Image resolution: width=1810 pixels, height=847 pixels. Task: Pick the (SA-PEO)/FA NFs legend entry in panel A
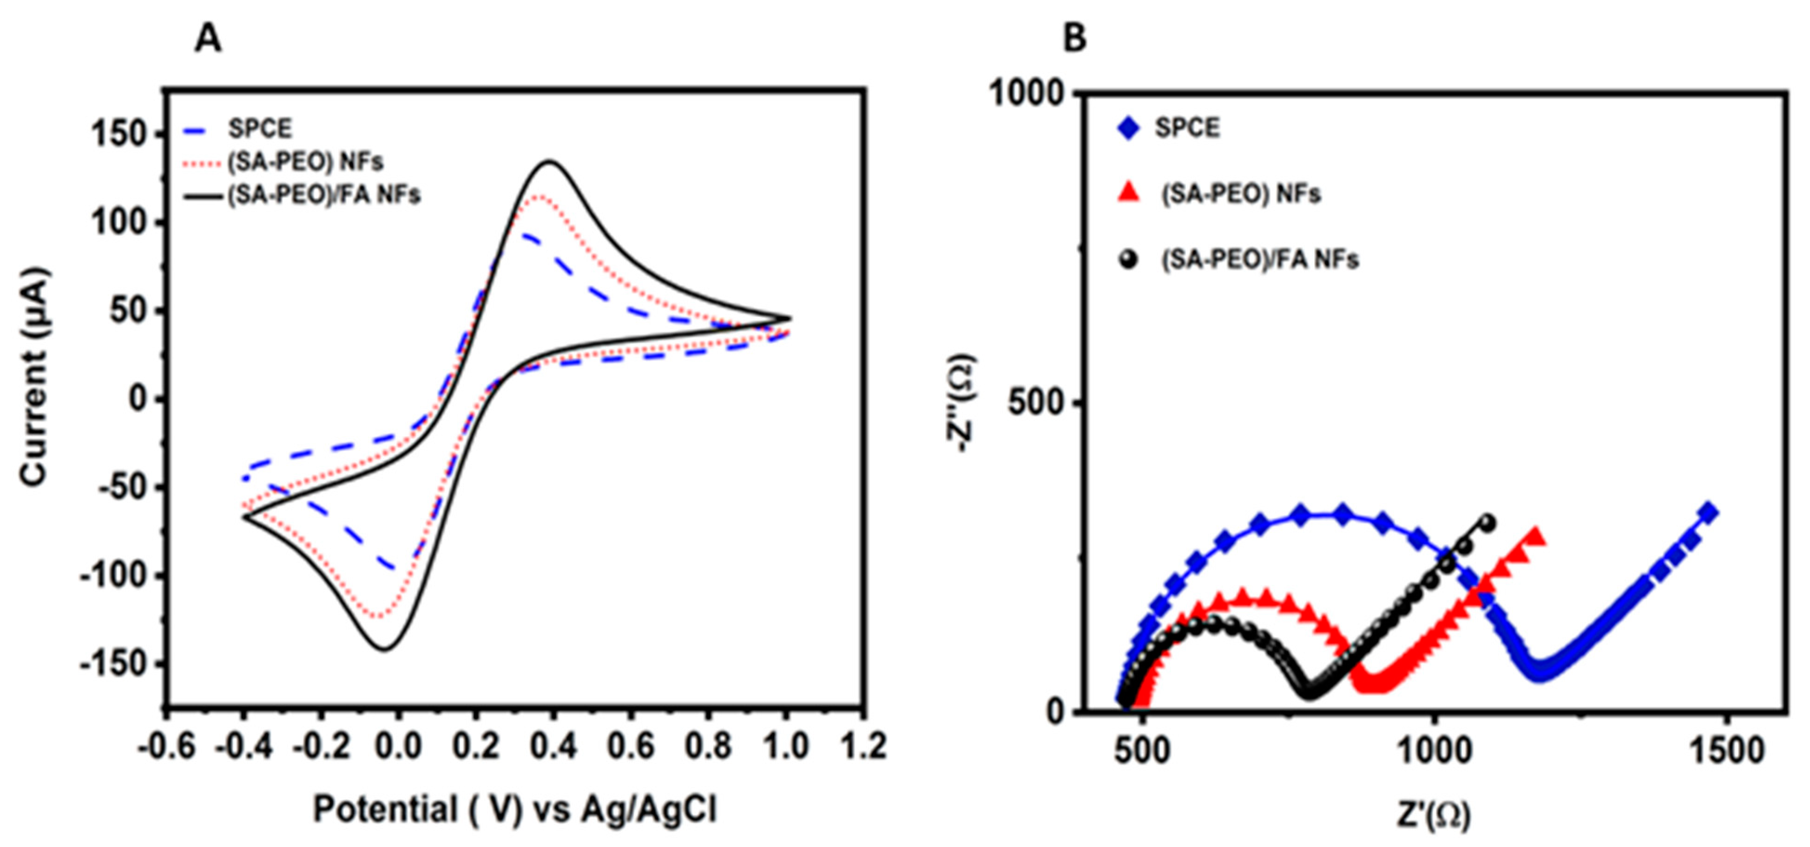click(323, 195)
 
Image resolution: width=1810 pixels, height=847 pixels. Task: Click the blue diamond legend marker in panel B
click(1128, 129)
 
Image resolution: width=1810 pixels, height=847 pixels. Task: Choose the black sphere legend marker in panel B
click(1128, 259)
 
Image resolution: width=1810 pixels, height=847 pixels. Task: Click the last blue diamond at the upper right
click(1708, 512)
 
